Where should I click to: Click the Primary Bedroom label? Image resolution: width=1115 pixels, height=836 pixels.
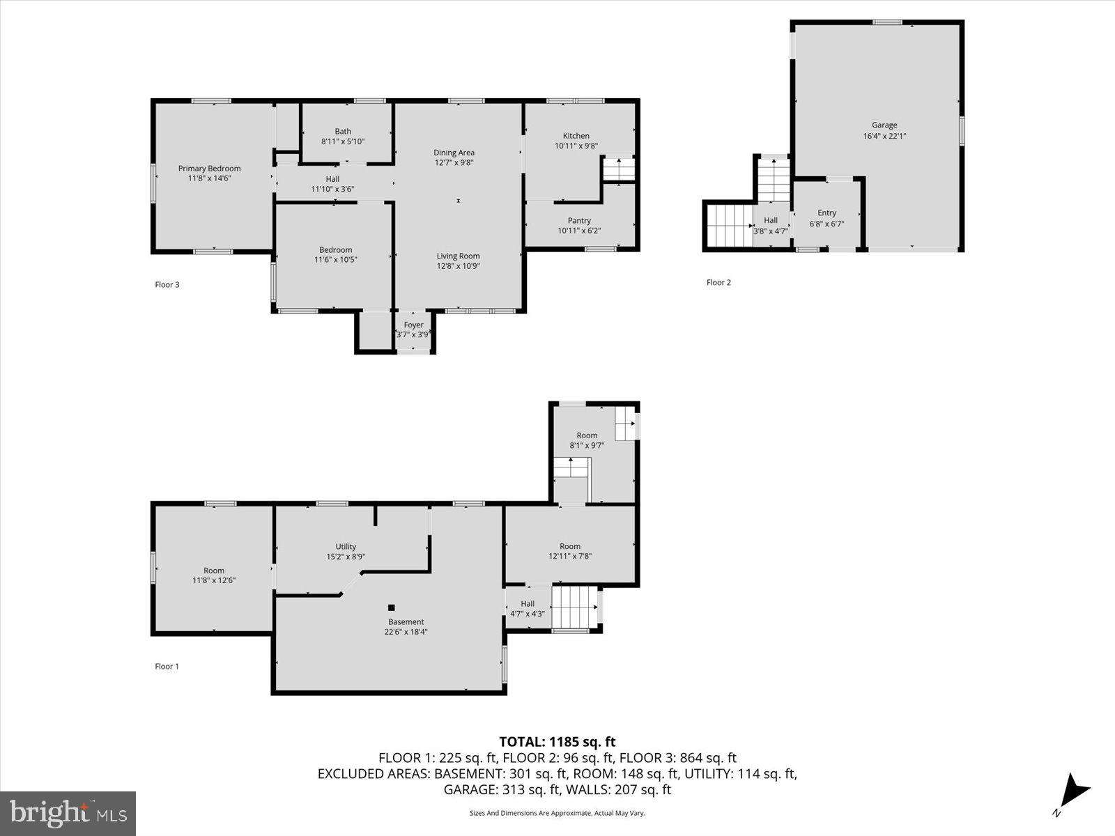point(209,168)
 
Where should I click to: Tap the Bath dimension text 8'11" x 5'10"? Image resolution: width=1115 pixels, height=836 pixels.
point(343,141)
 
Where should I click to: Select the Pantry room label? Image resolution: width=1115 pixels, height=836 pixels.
point(579,220)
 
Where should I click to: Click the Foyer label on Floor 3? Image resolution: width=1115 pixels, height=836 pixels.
point(413,325)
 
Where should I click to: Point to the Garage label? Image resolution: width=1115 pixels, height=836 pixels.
point(884,125)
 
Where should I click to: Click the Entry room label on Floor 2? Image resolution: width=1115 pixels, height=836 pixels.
point(826,213)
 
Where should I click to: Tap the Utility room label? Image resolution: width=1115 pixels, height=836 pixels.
point(346,546)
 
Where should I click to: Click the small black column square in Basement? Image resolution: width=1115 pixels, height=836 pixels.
point(392,607)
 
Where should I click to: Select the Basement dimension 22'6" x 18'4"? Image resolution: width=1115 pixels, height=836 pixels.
point(406,633)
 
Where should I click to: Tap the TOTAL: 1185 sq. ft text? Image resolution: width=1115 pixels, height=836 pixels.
point(557,742)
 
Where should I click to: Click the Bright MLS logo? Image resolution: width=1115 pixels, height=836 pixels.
point(68,813)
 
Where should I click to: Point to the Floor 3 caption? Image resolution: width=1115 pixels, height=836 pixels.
point(167,284)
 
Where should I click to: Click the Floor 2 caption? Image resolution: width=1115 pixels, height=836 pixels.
point(718,282)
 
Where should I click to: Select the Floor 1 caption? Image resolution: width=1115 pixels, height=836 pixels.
point(167,666)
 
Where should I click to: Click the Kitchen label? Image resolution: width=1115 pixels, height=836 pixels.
point(576,136)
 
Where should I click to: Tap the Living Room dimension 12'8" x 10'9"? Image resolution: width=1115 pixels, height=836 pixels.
point(459,266)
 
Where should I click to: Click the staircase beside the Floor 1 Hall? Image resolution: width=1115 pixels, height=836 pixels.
point(575,607)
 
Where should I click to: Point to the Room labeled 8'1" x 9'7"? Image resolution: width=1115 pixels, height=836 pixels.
point(587,435)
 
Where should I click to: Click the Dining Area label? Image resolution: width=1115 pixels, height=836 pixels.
point(454,153)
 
